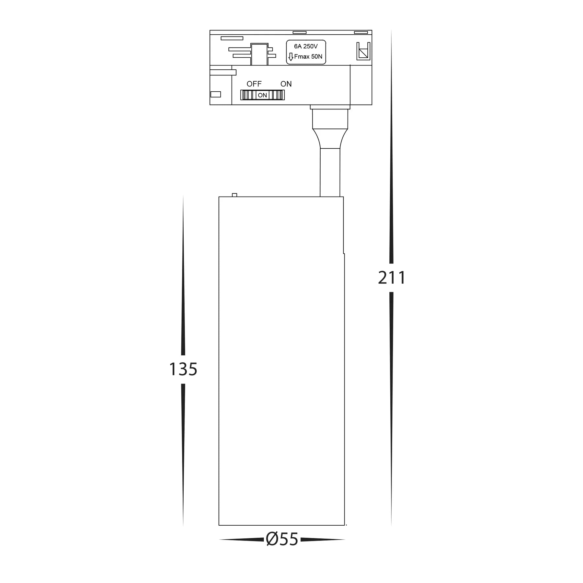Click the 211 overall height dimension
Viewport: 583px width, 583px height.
coord(392,278)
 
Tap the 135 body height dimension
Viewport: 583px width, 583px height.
coord(183,369)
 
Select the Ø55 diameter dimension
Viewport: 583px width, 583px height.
coord(282,540)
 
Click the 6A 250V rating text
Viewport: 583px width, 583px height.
coord(306,46)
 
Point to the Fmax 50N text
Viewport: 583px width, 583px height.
coord(308,57)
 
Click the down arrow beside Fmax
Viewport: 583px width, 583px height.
coord(291,57)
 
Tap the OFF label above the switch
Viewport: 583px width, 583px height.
coord(254,84)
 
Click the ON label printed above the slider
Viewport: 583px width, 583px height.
coord(286,84)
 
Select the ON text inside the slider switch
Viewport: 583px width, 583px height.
coord(262,95)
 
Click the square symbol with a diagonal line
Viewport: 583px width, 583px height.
coord(363,52)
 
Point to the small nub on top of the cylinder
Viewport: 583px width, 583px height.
coord(234,195)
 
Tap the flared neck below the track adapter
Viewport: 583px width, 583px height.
coord(330,138)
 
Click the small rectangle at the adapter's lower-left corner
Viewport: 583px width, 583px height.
coord(215,94)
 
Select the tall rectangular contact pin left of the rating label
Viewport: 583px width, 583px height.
coord(259,54)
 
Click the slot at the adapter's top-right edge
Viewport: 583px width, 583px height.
coord(361,32)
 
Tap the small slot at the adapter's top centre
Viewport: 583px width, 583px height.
coord(299,32)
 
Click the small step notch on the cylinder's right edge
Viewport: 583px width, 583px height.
coord(344,253)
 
